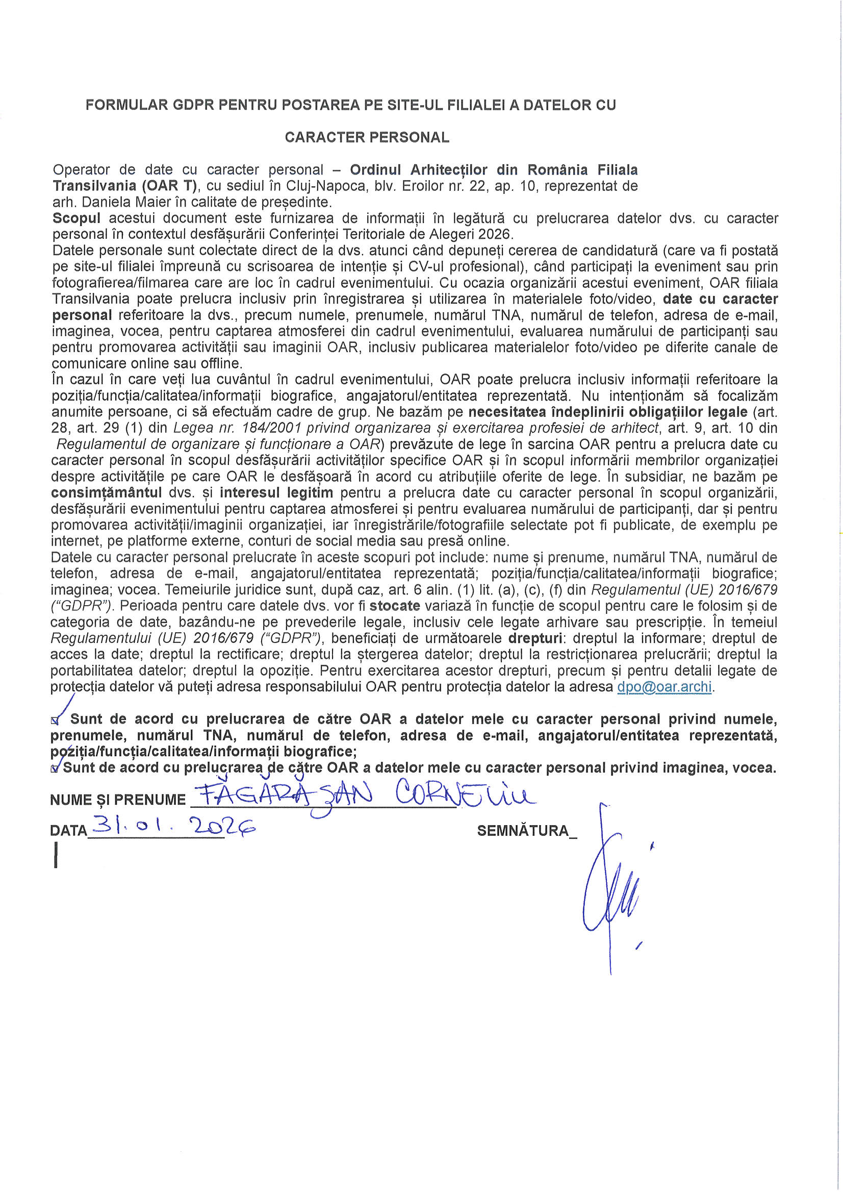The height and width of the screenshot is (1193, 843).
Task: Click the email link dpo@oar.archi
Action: coord(664,687)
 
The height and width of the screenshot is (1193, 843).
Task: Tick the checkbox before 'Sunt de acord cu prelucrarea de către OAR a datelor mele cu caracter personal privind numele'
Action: coord(55,720)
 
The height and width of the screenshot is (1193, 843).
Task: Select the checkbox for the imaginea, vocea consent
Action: coord(55,769)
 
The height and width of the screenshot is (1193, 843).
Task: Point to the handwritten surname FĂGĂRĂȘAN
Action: coord(286,796)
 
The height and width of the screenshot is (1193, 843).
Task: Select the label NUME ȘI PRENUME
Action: coord(118,800)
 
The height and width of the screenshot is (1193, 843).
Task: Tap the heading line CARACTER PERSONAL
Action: coord(367,137)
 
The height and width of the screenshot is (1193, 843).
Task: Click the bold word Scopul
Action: coord(76,218)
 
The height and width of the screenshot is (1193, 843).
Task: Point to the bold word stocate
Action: coord(395,606)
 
